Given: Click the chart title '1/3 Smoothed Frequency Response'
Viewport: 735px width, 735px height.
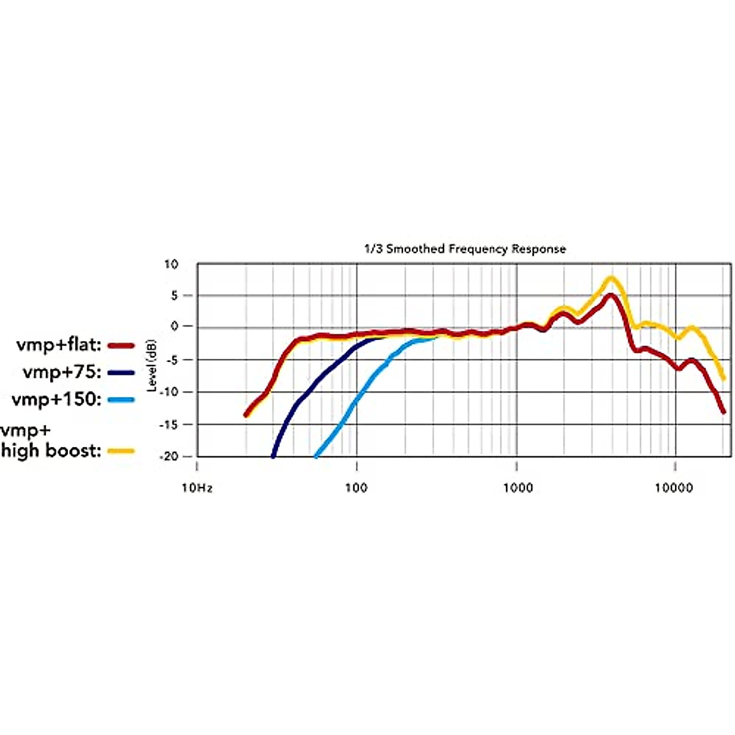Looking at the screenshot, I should pyautogui.click(x=465, y=249).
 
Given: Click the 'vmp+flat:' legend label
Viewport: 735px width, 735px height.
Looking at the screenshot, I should pyautogui.click(x=59, y=345).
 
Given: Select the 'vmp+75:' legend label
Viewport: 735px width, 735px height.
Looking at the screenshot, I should pyautogui.click(x=62, y=372).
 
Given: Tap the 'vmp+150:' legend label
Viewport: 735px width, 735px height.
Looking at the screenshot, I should pyautogui.click(x=56, y=399).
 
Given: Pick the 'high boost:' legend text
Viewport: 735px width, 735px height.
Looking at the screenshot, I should pyautogui.click(x=51, y=451).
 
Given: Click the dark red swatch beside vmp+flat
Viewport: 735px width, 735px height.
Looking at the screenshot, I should pyautogui.click(x=121, y=346).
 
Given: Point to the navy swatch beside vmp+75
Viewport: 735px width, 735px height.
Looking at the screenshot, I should pyautogui.click(x=121, y=372).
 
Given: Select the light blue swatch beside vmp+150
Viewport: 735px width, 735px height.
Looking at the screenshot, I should pyautogui.click(x=121, y=400).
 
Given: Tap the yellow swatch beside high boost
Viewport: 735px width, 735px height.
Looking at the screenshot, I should pyautogui.click(x=121, y=451).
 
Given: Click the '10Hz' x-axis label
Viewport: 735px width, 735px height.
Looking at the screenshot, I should pyautogui.click(x=197, y=488).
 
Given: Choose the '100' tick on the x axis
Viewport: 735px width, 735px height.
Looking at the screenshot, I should pyautogui.click(x=356, y=488).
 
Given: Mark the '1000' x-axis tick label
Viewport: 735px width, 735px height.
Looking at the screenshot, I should pyautogui.click(x=518, y=488).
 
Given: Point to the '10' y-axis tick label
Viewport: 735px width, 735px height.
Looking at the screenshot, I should pyautogui.click(x=171, y=265).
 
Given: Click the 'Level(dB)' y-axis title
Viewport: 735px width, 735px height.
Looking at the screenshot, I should pyautogui.click(x=151, y=366).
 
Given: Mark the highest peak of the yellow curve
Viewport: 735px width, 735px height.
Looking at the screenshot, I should pyautogui.click(x=611, y=279).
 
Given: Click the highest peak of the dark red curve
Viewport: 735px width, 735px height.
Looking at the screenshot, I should pyautogui.click(x=611, y=295).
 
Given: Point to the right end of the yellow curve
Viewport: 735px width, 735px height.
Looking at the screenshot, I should pyautogui.click(x=724, y=379).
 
